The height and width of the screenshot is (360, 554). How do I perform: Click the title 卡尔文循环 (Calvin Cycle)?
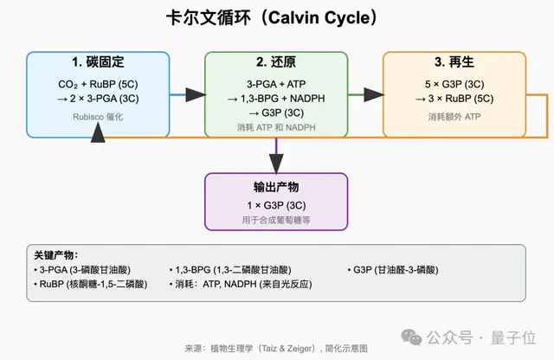(x=276, y=18)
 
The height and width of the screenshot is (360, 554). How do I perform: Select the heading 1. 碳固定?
(x=98, y=63)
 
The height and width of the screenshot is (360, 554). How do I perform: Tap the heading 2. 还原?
(x=275, y=63)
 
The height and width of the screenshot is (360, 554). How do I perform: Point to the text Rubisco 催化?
(x=98, y=118)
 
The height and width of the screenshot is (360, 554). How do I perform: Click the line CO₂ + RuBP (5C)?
(x=98, y=84)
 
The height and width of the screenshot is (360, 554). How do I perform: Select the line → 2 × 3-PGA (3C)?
(x=98, y=98)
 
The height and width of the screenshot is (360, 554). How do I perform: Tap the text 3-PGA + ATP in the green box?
(x=275, y=84)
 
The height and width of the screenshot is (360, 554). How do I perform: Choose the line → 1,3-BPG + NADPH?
(x=275, y=98)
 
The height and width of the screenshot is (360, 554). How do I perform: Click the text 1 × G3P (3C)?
(x=275, y=205)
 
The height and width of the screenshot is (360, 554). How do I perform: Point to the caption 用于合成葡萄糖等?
(x=275, y=221)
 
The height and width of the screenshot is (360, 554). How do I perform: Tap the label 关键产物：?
(x=56, y=255)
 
